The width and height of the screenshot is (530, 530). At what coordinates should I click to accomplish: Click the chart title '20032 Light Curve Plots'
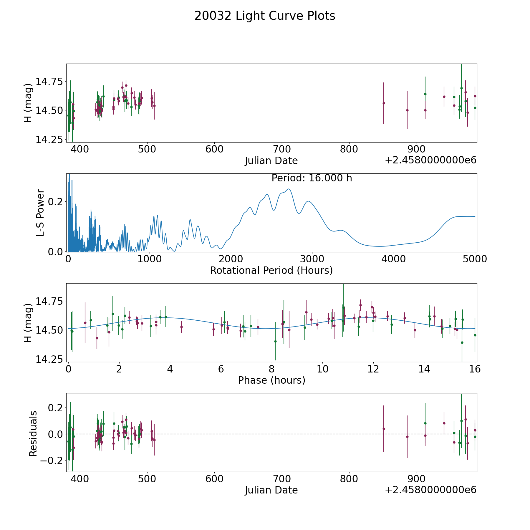pyautogui.click(x=265, y=16)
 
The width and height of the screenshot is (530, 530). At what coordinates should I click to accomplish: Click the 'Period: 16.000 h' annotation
pyautogui.click(x=312, y=178)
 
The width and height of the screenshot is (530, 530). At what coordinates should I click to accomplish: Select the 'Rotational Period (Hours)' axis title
pyautogui.click(x=271, y=270)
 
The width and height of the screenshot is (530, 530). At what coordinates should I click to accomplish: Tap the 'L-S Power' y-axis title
pyautogui.click(x=41, y=213)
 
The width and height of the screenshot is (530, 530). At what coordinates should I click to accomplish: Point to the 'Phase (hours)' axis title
pyautogui.click(x=271, y=380)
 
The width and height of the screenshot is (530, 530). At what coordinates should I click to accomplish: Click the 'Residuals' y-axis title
pyautogui.click(x=33, y=433)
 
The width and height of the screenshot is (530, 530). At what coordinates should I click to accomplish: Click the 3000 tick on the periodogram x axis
pyautogui.click(x=312, y=259)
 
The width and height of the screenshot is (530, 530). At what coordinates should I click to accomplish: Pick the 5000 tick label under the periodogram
pyautogui.click(x=475, y=259)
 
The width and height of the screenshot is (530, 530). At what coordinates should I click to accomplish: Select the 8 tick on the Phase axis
pyautogui.click(x=272, y=369)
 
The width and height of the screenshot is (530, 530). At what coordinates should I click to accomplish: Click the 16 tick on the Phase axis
pyautogui.click(x=475, y=369)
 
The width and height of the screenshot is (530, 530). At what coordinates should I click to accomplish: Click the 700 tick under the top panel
pyautogui.click(x=281, y=149)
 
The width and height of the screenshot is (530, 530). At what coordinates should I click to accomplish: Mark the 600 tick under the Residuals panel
pyautogui.click(x=214, y=479)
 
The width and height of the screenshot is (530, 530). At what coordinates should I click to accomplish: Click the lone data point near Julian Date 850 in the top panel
pyautogui.click(x=384, y=103)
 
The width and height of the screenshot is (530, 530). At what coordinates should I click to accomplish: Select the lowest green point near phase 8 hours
pyautogui.click(x=275, y=341)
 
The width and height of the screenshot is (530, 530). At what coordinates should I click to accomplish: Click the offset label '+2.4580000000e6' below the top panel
pyautogui.click(x=430, y=160)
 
